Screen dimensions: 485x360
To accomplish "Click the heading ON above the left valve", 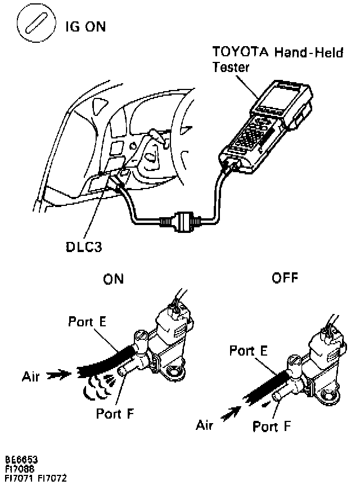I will coord(113,279).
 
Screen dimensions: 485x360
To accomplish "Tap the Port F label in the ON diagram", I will coord(115,414).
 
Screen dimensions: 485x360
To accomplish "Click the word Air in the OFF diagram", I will coord(204,426).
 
